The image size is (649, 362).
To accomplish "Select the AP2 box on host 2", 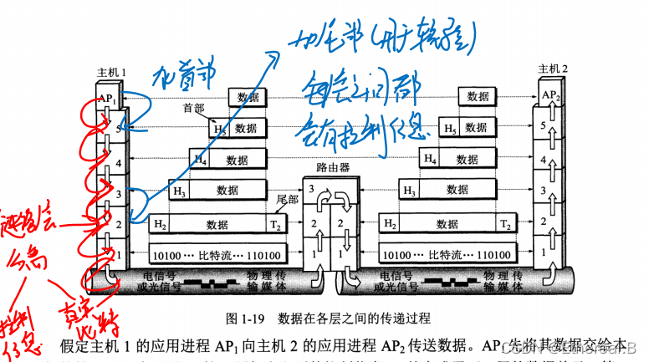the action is pyautogui.click(x=547, y=95).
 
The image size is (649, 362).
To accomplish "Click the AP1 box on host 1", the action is pyautogui.click(x=107, y=98).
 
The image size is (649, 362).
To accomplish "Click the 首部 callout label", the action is pyautogui.click(x=193, y=109).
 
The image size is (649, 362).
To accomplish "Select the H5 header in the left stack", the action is pyautogui.click(x=219, y=129).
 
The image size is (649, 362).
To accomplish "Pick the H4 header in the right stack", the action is pyautogui.click(x=430, y=159).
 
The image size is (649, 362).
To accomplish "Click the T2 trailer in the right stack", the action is pyautogui.click(x=505, y=223).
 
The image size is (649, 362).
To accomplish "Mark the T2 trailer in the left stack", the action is pyautogui.click(x=275, y=223).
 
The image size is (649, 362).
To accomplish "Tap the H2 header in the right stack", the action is pyautogui.click(x=390, y=223).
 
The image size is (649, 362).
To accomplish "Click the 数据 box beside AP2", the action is pyautogui.click(x=478, y=97).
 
